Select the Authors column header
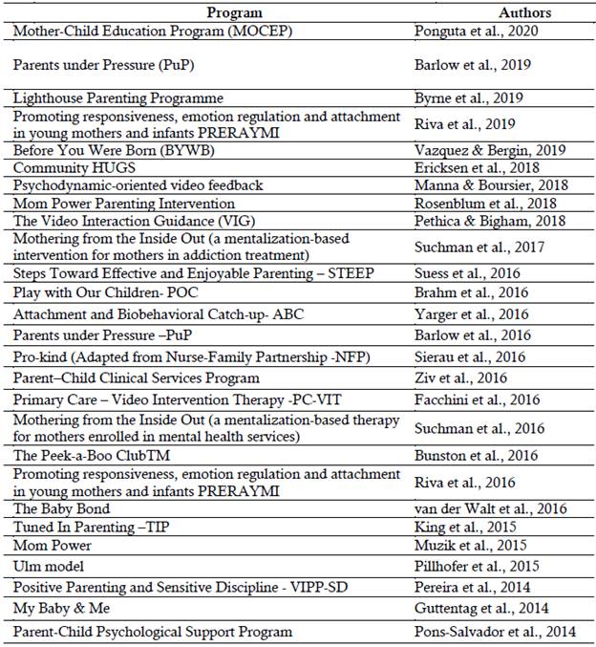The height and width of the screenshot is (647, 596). tap(524, 12)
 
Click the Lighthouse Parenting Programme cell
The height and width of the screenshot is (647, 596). tap(118, 97)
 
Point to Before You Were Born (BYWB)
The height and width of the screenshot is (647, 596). tap(122, 150)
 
